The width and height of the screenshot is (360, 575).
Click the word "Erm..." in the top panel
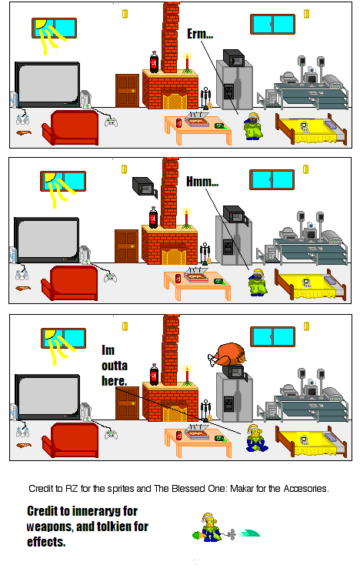click(x=200, y=35)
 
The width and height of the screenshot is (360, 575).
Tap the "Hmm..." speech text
click(x=202, y=182)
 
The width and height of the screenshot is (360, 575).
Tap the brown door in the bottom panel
click(x=126, y=402)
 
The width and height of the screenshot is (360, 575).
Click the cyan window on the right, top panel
click(x=272, y=24)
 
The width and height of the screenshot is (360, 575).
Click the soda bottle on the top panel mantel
click(x=154, y=61)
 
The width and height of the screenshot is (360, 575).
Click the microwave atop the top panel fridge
click(x=233, y=59)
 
